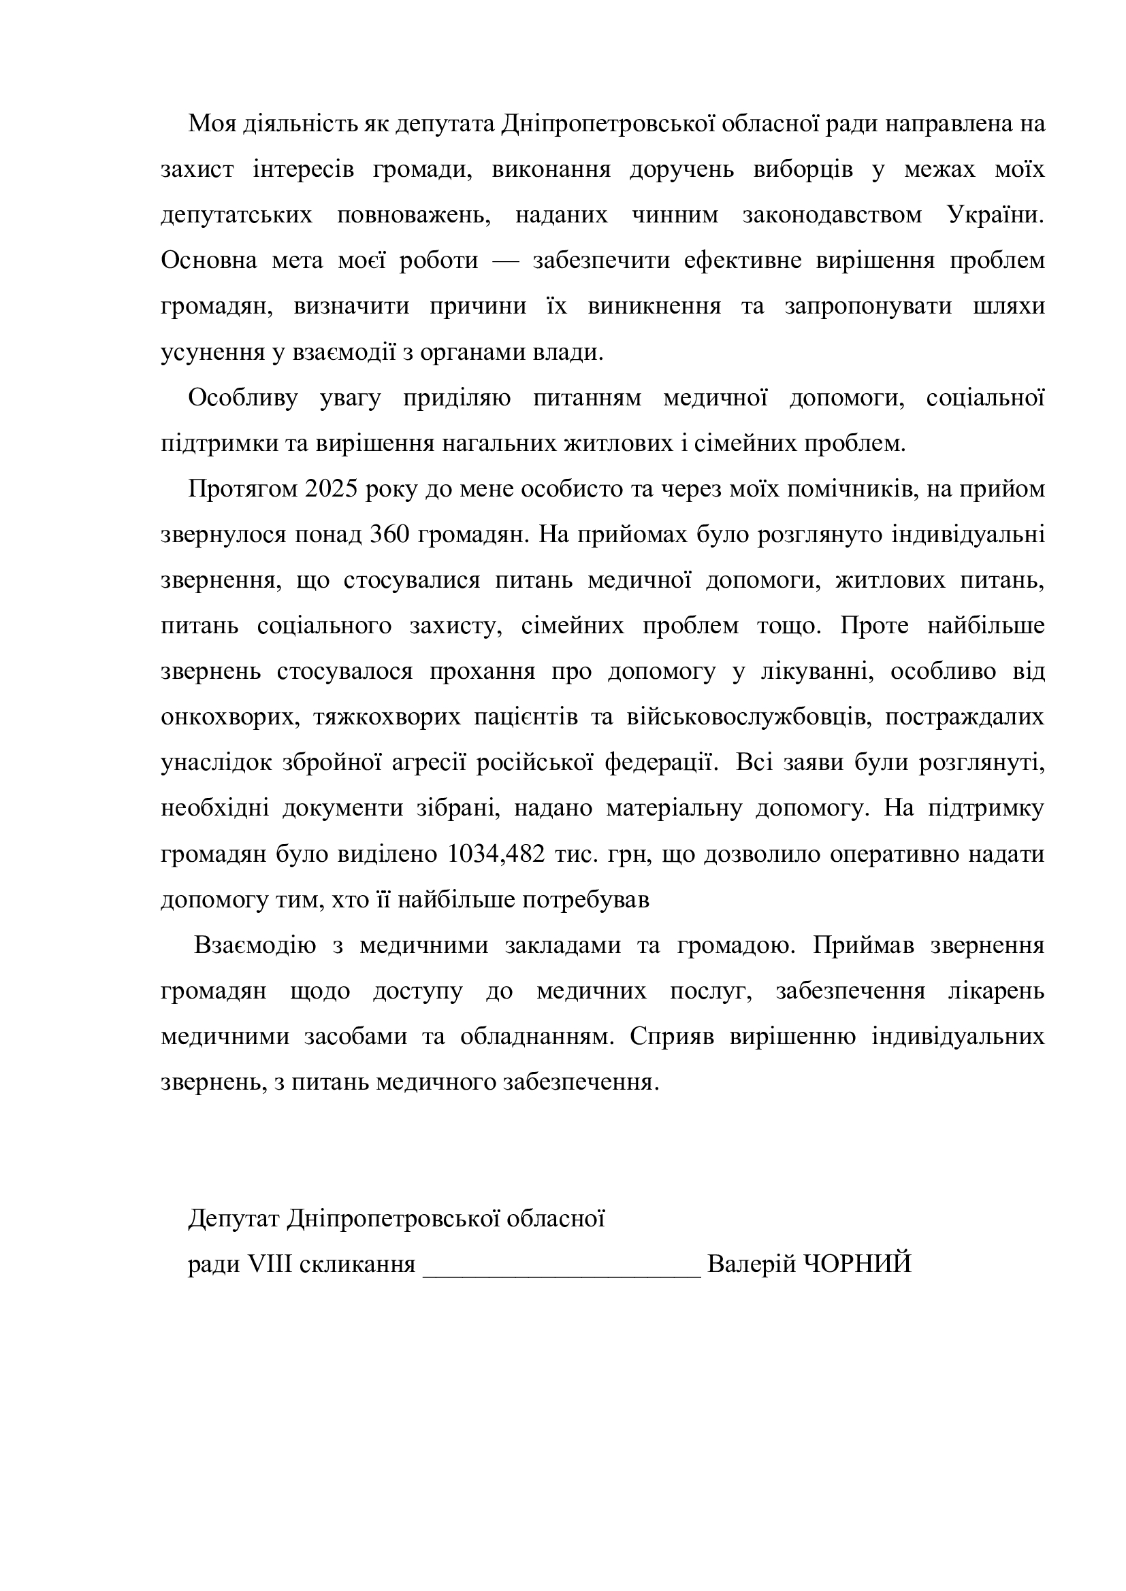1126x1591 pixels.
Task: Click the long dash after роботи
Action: tap(504, 261)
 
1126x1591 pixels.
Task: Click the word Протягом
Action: tap(242, 489)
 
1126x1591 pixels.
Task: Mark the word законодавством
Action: tap(832, 216)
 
